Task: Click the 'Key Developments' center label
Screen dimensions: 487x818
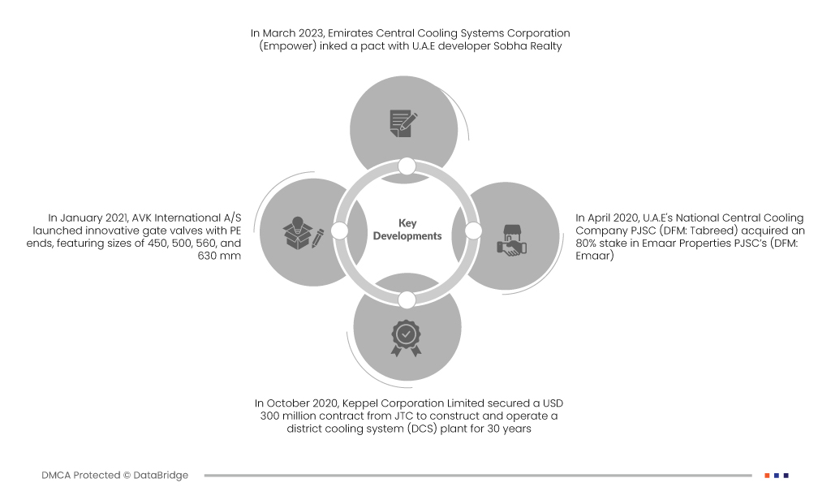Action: coord(407,230)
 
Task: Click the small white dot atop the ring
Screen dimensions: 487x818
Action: coord(407,166)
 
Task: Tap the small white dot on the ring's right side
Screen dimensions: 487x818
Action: coord(474,231)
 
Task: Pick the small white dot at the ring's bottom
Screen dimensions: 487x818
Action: coord(407,300)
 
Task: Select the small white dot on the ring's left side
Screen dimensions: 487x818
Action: coord(340,231)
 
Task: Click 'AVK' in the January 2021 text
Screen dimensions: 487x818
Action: coord(143,218)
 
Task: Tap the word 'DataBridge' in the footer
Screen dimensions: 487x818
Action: coord(161,476)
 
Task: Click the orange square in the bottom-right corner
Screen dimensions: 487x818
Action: coord(767,476)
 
